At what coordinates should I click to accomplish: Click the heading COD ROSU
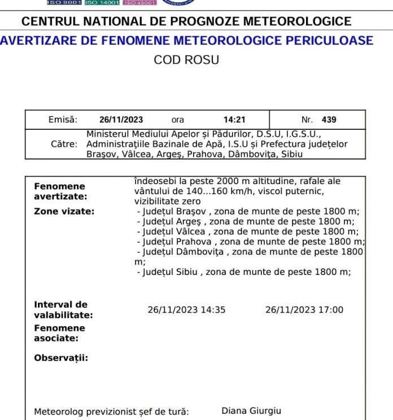coord(186,60)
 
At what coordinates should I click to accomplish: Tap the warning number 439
coord(329,120)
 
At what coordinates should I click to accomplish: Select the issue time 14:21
coord(234,120)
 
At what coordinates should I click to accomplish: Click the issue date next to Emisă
coord(121,120)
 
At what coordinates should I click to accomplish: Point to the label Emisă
coord(63,120)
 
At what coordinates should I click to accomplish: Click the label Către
coord(64,144)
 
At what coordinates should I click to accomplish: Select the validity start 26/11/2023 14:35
coord(187,309)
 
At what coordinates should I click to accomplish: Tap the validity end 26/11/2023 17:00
coord(304,309)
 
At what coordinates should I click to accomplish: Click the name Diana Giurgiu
coord(251,411)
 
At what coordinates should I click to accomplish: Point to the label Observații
coord(61,358)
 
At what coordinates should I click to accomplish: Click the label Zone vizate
coord(64,212)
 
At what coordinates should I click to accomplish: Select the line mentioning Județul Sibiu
coord(244,272)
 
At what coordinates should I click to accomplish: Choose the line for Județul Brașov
coord(248,212)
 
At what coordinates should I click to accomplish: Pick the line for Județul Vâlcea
coord(247,231)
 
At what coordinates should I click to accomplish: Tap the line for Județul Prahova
coord(251,242)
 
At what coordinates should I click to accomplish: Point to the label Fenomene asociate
coord(59,333)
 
